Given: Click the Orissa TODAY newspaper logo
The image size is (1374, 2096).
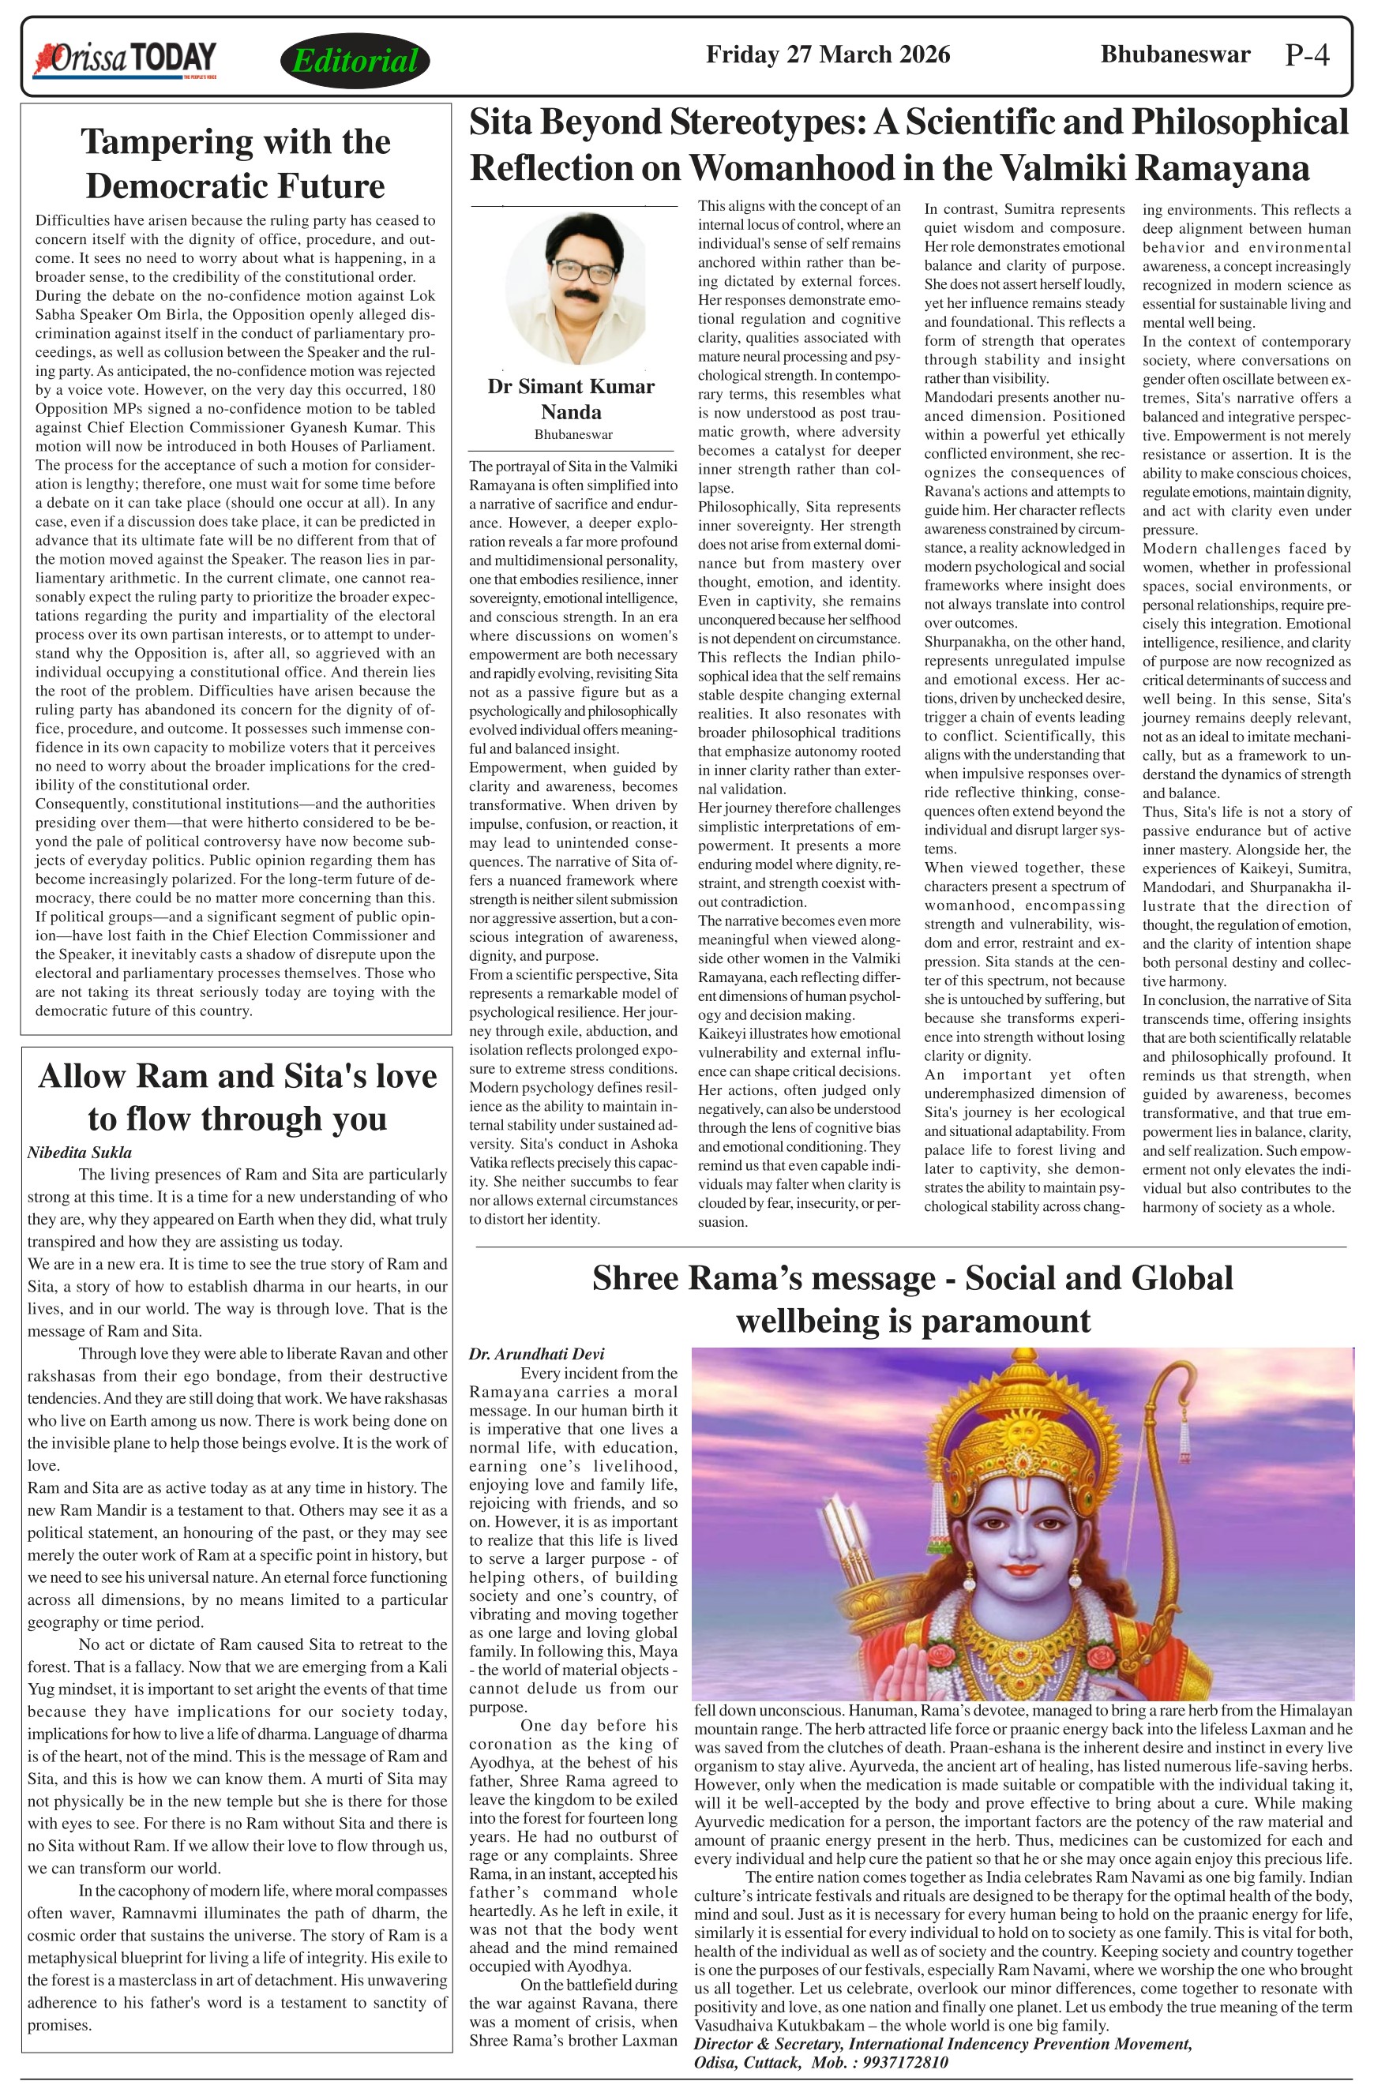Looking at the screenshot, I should coord(125,60).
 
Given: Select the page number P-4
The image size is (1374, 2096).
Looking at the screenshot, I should coord(1307,55).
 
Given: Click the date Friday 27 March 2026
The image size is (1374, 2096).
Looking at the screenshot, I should coord(827,54).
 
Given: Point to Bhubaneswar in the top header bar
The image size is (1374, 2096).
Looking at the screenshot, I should coord(1175,54).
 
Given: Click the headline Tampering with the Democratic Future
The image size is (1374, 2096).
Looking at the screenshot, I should coord(236,163).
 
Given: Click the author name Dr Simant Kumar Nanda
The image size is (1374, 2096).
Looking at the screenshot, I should coord(571,399).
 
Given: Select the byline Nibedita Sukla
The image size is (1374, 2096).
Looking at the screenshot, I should coord(79,1152).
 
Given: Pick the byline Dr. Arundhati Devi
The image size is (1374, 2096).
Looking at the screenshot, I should coord(536,1354).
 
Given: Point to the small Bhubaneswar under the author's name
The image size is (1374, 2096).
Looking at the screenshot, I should coord(572,434).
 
